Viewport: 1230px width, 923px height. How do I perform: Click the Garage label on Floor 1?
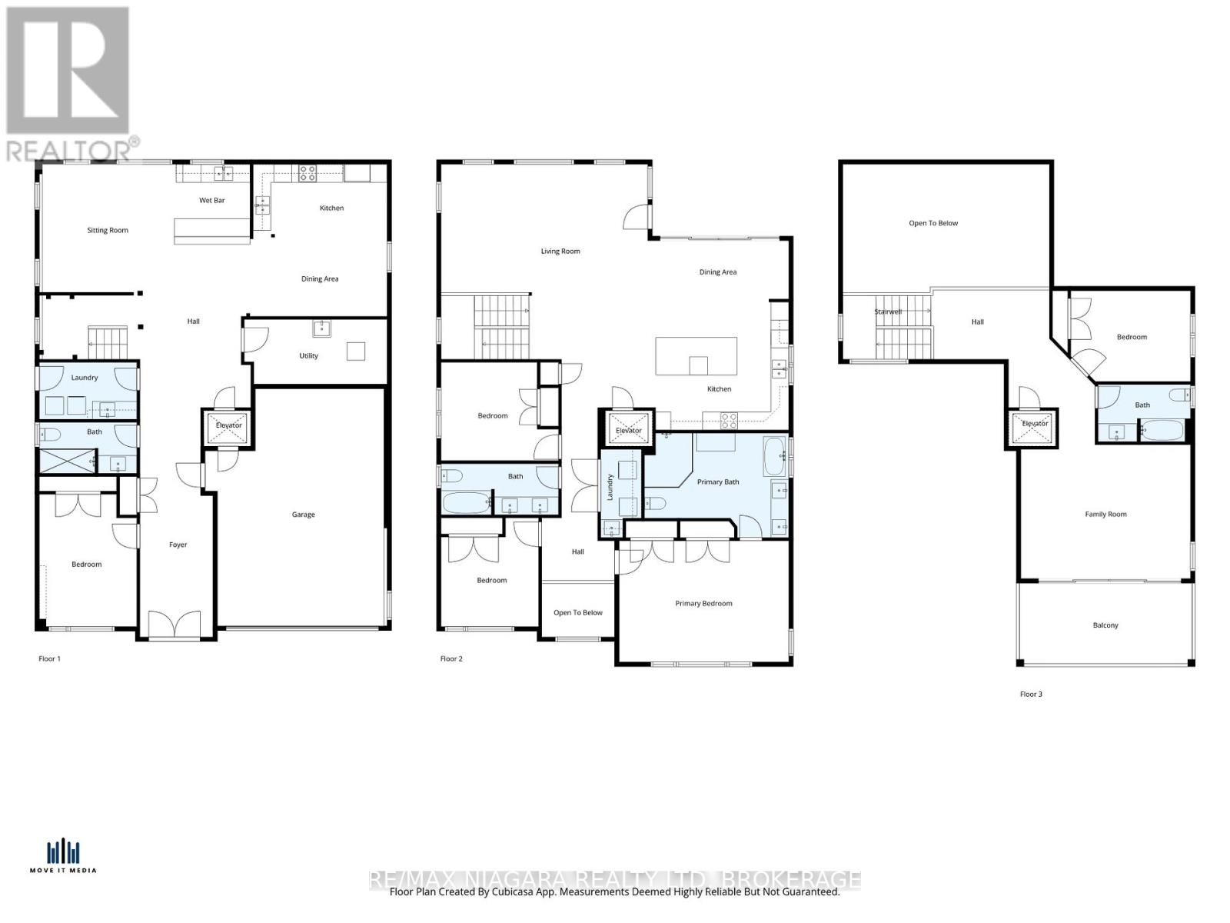pos(303,515)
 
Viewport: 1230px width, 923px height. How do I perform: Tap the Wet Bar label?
pos(212,201)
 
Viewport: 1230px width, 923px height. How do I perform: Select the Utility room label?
pos(308,356)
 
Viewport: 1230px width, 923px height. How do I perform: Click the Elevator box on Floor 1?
pos(228,427)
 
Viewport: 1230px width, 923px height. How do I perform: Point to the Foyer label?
pos(178,545)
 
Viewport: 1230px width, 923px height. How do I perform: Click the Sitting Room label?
pos(108,230)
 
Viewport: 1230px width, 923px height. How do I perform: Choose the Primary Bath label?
pos(718,482)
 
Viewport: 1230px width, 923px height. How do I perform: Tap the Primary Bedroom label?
pos(703,604)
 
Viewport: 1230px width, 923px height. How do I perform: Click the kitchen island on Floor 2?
pos(696,356)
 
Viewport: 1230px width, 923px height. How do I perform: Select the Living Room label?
pos(560,252)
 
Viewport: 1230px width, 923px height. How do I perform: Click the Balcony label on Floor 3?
pos(1105,625)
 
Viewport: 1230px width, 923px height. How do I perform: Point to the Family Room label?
pos(1105,515)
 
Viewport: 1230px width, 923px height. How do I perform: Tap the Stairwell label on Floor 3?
pos(888,312)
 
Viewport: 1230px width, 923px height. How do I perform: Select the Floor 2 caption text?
pos(451,659)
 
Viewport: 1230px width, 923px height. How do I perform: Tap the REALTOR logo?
pos(68,83)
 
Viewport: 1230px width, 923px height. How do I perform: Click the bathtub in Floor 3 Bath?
pos(1163,430)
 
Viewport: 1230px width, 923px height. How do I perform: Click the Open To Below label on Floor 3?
pos(933,224)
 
